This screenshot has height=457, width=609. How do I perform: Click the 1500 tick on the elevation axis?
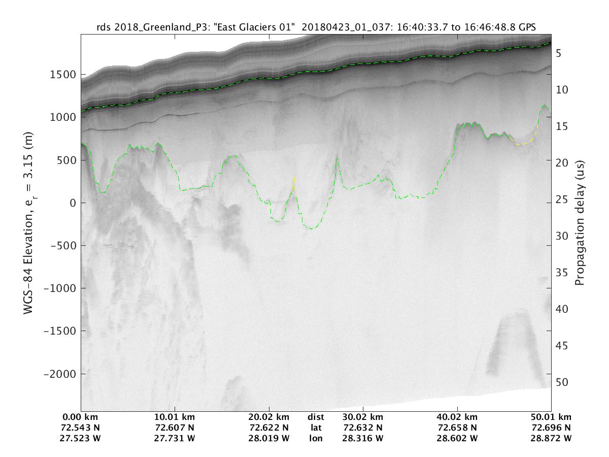point(63,75)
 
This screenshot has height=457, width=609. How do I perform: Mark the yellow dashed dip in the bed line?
point(523,144)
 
